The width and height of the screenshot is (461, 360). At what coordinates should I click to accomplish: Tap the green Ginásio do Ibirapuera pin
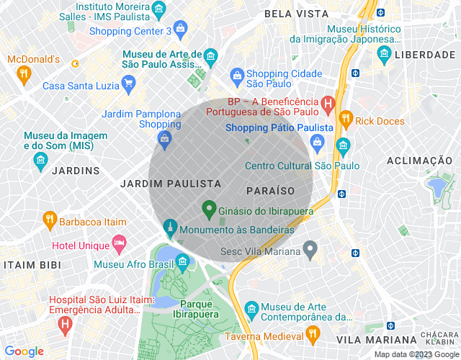coord(210,210)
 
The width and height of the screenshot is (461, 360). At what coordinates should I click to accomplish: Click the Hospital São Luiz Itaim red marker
coord(66,325)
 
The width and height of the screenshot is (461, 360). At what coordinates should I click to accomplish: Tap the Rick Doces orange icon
coord(345,119)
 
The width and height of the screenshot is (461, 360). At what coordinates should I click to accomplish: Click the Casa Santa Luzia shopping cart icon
coord(129,85)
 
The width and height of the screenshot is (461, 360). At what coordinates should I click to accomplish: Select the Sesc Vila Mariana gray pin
coord(310,251)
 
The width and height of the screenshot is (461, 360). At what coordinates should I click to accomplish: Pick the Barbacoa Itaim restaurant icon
coord(49,219)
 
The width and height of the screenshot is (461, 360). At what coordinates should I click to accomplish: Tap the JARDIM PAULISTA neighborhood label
coord(171,184)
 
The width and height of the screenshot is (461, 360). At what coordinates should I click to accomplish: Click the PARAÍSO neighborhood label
coord(270,191)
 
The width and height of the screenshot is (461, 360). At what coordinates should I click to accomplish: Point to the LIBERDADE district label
coord(424,55)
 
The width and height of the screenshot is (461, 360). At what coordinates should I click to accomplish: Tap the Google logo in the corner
coord(24,351)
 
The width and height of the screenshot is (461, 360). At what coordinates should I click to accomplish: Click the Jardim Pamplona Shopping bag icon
coord(165,138)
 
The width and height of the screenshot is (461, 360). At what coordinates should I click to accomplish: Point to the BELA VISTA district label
coord(295,14)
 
